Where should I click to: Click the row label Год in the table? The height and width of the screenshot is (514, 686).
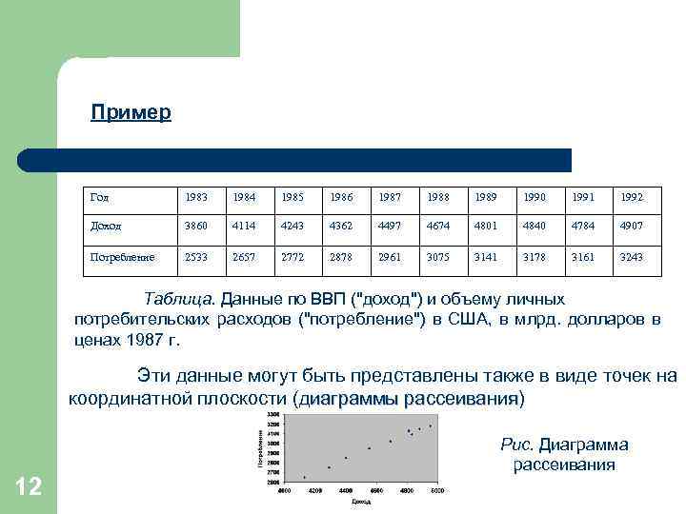coord(99,197)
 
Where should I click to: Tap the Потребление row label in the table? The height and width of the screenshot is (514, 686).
coord(121,257)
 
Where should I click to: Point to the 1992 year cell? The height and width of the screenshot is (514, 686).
coord(632,197)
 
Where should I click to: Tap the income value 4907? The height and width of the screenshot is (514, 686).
coord(632,227)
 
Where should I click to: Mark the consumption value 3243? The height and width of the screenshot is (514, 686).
coord(632,257)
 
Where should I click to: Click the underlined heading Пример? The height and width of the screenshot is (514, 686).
coord(131,113)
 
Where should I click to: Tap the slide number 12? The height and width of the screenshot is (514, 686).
coord(29,487)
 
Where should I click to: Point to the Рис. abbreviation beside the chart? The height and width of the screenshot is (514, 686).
coord(517,445)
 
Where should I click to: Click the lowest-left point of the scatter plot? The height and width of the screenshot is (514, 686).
coord(305,478)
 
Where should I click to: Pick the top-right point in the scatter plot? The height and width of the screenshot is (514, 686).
coord(431,425)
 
